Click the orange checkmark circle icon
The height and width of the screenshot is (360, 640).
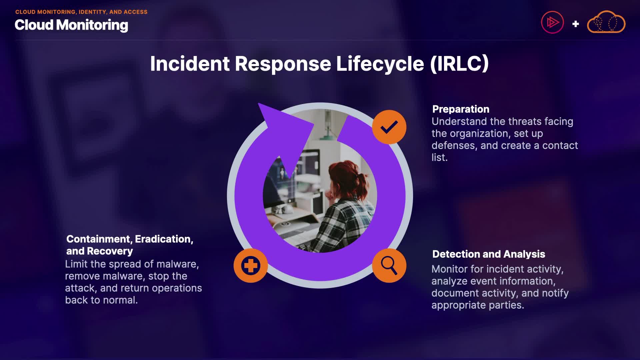pos(389,127)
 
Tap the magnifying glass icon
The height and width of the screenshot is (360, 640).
pos(389,265)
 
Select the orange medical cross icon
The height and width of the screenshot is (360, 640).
pos(251,265)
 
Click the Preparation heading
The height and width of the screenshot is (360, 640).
pos(461,109)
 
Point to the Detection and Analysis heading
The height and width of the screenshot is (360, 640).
pos(488,254)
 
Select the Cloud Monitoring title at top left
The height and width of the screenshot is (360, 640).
pos(71,25)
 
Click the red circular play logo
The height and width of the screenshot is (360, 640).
pos(552,22)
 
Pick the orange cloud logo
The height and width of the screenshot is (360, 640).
pos(606,23)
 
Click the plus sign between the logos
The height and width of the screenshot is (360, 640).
pos(575,24)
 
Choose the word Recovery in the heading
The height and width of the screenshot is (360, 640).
pos(110,251)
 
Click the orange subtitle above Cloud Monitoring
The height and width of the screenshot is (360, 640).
pos(81,12)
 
